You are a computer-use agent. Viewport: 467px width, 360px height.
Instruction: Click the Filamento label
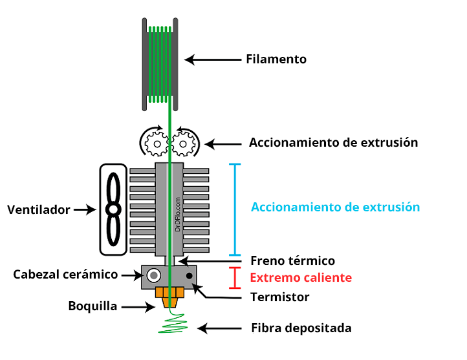pos(276,59)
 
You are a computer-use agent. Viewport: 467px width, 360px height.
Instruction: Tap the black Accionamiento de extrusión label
pos(333,142)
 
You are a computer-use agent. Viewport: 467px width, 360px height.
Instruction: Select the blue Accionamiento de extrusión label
pos(335,207)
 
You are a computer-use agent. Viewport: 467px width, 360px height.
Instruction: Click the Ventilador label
pos(38,210)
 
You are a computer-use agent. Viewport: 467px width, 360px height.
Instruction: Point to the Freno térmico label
pos(292,261)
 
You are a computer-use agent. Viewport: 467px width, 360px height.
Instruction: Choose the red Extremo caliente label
pos(301,278)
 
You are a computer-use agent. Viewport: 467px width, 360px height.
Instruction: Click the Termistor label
pos(279,297)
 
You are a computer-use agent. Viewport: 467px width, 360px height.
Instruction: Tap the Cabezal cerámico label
pos(65,275)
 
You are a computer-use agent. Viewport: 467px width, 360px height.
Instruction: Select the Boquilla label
pos(92,306)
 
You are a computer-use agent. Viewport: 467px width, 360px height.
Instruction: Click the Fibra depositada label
pos(301,328)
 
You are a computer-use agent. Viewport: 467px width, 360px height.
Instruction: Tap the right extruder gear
pos(184,142)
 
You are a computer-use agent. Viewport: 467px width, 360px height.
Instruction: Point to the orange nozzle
pos(171,297)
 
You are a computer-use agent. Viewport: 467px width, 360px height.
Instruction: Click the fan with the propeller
pos(114,209)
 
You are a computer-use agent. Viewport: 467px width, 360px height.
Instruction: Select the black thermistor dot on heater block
pos(190,277)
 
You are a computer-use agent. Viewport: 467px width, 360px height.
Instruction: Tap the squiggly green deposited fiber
pos(173,323)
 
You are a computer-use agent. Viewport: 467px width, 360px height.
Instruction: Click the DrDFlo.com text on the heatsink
pos(178,214)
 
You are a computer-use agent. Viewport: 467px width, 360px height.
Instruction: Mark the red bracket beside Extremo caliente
pos(235,277)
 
